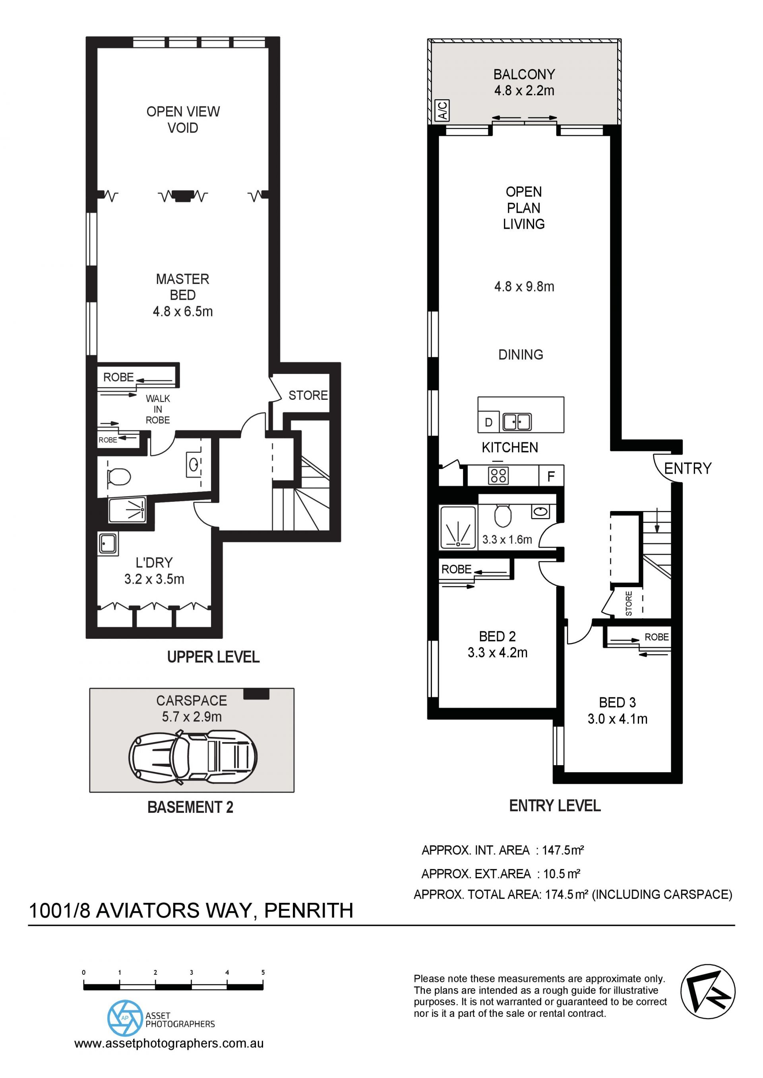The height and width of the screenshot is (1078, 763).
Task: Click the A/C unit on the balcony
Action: click(x=443, y=110)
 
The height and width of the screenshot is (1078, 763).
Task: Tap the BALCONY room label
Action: click(x=524, y=74)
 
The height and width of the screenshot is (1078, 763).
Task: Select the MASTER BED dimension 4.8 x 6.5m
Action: click(x=183, y=311)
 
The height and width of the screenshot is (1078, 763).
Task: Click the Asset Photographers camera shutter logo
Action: click(x=124, y=1018)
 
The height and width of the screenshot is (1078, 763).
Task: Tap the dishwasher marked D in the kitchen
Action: click(x=489, y=422)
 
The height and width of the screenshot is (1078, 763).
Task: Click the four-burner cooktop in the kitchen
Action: click(x=498, y=476)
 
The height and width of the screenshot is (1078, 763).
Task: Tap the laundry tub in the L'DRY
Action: click(x=108, y=544)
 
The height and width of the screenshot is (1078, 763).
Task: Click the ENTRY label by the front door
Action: click(x=688, y=468)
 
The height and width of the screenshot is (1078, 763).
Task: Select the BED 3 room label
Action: click(x=617, y=702)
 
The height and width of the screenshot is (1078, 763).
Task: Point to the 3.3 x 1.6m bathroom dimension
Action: click(x=507, y=540)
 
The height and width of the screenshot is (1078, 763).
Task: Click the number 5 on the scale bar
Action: click(x=263, y=972)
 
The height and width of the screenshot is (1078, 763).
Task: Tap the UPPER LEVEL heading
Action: click(x=213, y=657)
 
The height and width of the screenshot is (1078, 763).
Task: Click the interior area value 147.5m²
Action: click(x=563, y=850)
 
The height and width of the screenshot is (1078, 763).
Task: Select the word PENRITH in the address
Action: click(x=309, y=910)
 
